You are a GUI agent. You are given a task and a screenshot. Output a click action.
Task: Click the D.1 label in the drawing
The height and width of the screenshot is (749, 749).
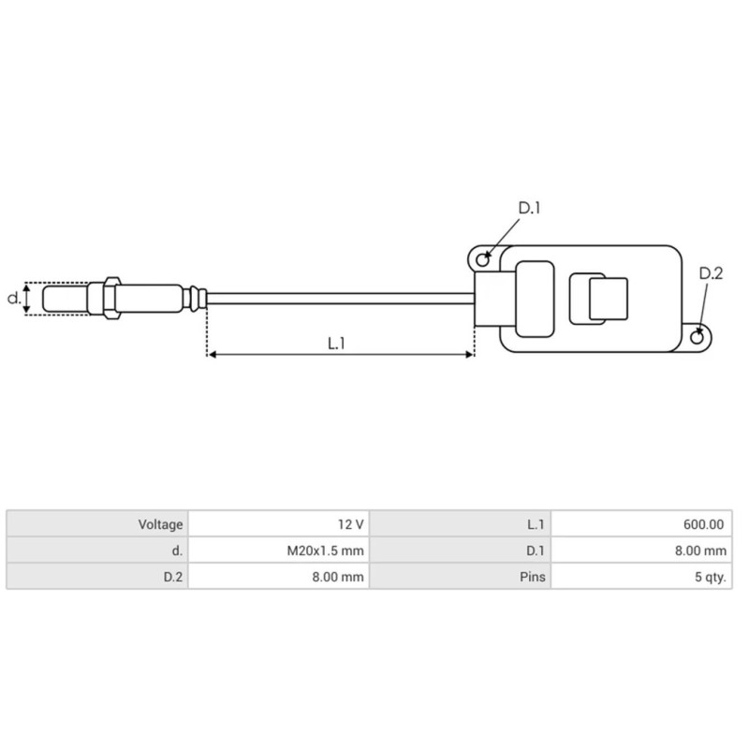pyautogui.click(x=530, y=208)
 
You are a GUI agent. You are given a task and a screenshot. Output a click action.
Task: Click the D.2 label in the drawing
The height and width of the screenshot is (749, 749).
pyautogui.click(x=712, y=273)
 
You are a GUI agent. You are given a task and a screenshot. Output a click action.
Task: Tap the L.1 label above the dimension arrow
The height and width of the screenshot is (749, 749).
pyautogui.click(x=337, y=344)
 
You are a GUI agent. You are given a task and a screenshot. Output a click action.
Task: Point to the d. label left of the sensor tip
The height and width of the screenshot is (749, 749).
pyautogui.click(x=13, y=299)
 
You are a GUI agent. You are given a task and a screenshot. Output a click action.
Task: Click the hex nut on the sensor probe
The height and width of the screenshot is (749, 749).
pyautogui.click(x=110, y=299)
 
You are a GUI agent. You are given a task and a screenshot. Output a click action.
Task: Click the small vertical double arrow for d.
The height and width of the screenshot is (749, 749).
pyautogui.click(x=28, y=299)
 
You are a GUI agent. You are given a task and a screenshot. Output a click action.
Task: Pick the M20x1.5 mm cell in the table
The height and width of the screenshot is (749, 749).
pyautogui.click(x=325, y=551)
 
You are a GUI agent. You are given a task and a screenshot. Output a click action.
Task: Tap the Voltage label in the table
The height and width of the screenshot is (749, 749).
pyautogui.click(x=159, y=525)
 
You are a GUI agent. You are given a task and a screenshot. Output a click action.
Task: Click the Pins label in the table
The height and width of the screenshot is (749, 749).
pyautogui.click(x=532, y=578)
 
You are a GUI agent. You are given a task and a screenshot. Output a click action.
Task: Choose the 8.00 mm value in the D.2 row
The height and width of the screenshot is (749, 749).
pyautogui.click(x=338, y=578)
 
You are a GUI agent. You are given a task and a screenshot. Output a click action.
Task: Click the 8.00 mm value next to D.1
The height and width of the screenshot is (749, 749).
pyautogui.click(x=701, y=551)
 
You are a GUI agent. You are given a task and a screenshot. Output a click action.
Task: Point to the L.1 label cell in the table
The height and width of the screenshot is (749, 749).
pyautogui.click(x=536, y=525)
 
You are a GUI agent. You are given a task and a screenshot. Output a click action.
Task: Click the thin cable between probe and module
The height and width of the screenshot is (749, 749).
pyautogui.click(x=337, y=298)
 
